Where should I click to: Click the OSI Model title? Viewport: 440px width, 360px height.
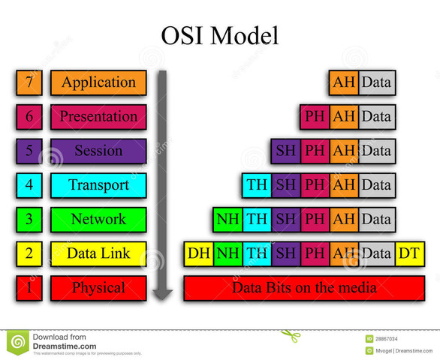tap(219, 35)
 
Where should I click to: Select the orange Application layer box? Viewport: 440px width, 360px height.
tap(98, 82)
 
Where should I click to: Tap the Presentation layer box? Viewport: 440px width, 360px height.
tap(98, 117)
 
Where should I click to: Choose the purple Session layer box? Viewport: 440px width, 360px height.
tap(98, 151)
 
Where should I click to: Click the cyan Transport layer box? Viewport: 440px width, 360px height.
tap(98, 185)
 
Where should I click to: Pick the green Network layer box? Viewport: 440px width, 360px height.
tap(98, 220)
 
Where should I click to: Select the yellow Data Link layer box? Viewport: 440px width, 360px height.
tap(98, 253)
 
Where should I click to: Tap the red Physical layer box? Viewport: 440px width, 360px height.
tap(98, 288)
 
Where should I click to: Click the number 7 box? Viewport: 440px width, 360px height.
tap(29, 82)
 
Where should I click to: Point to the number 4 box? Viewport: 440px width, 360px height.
tap(29, 185)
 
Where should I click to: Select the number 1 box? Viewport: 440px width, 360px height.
tap(29, 288)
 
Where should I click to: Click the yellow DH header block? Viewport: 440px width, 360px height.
tap(199, 254)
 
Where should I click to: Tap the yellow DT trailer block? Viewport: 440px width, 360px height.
tap(409, 254)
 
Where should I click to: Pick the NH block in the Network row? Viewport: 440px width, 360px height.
tap(228, 220)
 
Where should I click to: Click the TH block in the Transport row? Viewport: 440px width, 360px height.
tap(257, 185)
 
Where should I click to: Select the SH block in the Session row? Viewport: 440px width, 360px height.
tap(286, 151)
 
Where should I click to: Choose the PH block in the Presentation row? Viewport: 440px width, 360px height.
tap(315, 117)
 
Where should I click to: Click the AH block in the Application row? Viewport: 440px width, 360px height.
tap(344, 82)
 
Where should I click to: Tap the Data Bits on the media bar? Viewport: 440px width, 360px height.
tap(304, 288)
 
